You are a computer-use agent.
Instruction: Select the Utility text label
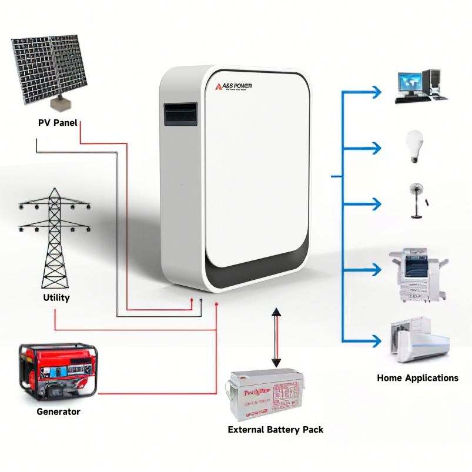point(56,297)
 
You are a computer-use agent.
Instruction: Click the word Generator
point(58,411)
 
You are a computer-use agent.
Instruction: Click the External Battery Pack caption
point(276,430)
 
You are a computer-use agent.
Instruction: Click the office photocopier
point(417,276)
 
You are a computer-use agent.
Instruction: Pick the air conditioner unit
point(419,340)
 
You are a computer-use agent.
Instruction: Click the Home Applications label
point(417,378)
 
